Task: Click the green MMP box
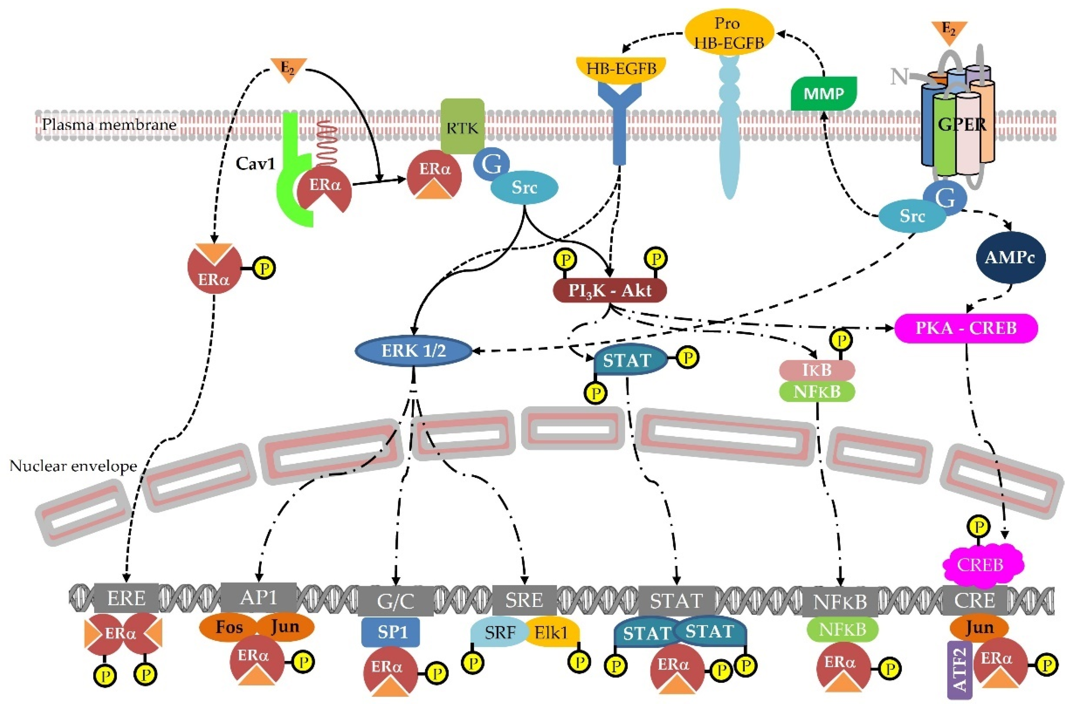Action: click(823, 94)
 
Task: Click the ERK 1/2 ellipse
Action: click(413, 351)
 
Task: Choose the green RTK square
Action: click(462, 127)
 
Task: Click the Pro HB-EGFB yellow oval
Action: click(728, 32)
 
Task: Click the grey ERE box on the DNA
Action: click(126, 599)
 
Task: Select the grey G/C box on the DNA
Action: click(395, 601)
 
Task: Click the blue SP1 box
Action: click(390, 632)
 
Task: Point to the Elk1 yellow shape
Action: click(552, 633)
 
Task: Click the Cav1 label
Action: click(255, 163)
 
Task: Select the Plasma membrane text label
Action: click(109, 124)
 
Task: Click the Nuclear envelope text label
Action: click(73, 466)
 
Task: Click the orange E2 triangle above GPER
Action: click(949, 31)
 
